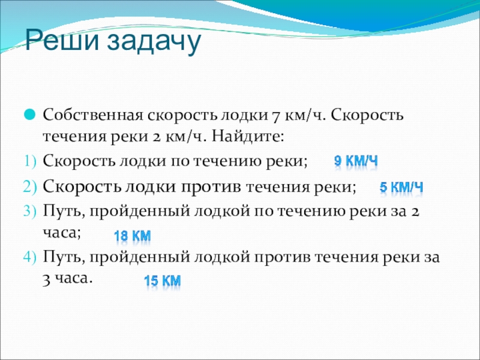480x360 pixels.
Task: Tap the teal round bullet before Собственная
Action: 29,113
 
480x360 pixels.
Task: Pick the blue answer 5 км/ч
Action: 401,188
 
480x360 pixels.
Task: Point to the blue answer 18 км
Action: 132,236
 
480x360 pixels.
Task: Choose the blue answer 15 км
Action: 162,281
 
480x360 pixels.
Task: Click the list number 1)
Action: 29,161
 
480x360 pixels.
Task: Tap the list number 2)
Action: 29,186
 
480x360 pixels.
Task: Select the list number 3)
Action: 29,211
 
